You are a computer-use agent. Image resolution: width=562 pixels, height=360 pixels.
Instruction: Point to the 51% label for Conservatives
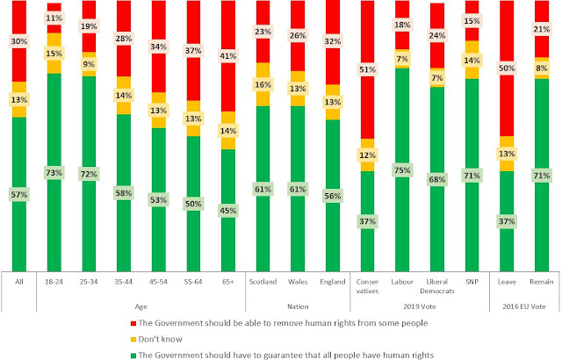coord(367,69)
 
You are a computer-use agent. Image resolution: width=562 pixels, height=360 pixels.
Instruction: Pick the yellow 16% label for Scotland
coord(263,84)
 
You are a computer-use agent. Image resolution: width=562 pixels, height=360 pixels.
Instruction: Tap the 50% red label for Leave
coord(508,68)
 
